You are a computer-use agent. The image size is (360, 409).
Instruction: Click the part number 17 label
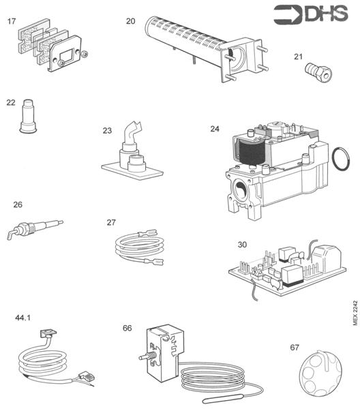click(x=12, y=22)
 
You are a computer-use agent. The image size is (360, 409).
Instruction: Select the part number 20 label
click(x=131, y=21)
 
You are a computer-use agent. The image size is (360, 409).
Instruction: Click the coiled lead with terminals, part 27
click(x=140, y=248)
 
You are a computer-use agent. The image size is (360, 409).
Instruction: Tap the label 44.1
click(x=23, y=318)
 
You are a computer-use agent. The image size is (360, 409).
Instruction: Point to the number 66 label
click(x=127, y=328)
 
